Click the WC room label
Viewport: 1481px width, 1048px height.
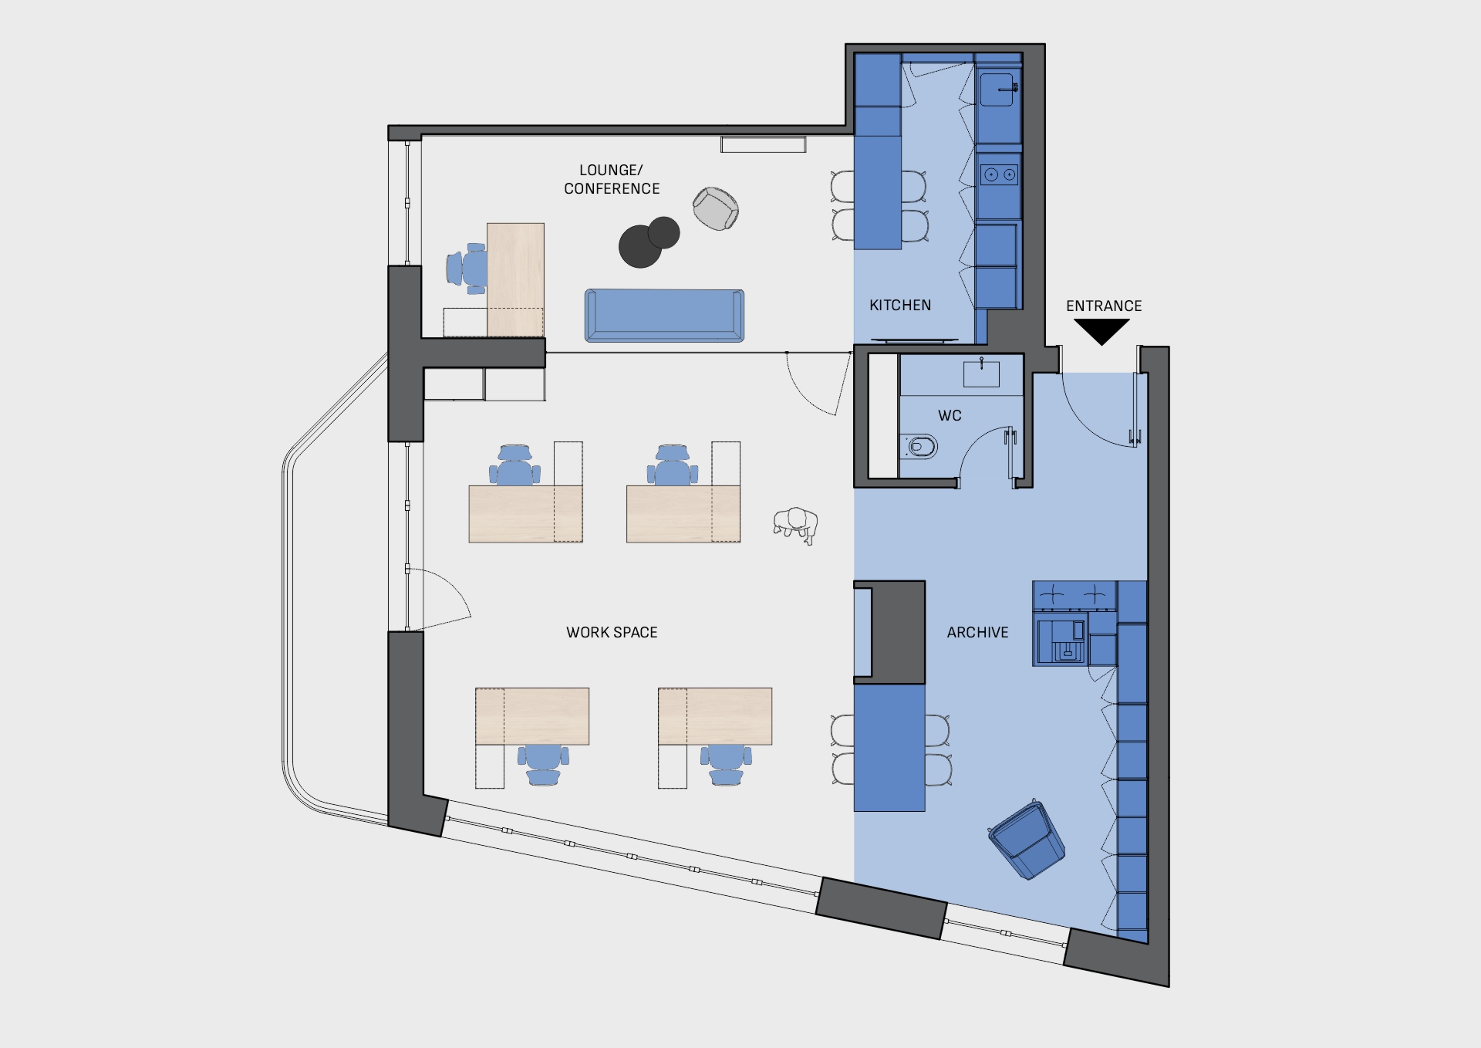pos(950,415)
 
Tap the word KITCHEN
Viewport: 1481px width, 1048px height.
pos(900,305)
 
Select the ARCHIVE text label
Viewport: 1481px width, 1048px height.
pos(977,632)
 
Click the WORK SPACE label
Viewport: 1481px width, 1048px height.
pos(612,632)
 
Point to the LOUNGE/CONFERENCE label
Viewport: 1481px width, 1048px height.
pos(612,179)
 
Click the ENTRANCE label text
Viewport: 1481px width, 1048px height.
pos(1104,306)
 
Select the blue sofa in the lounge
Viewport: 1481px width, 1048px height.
pos(664,315)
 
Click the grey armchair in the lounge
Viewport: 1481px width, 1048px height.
pos(716,208)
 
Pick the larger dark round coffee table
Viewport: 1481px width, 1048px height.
pos(640,246)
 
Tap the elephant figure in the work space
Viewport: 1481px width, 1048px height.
pos(795,526)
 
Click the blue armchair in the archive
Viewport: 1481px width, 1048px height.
pos(1027,840)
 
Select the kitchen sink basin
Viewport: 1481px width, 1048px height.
pos(997,90)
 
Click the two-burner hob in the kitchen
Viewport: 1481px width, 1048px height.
pos(1000,175)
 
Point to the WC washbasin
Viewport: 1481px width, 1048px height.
pos(981,374)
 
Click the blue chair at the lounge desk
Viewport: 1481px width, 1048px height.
pos(467,269)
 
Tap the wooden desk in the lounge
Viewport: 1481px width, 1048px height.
pos(515,279)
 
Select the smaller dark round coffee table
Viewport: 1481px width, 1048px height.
pos(664,232)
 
